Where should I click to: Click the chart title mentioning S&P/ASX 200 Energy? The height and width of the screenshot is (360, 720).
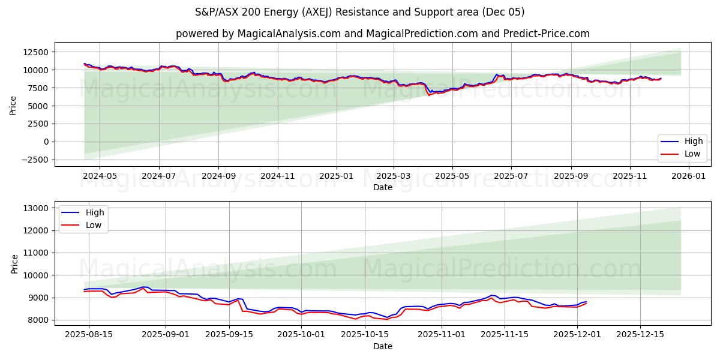(x=359, y=12)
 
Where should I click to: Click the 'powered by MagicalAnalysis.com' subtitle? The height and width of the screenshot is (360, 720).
(x=382, y=34)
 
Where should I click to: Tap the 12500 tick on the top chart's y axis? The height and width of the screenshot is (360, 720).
(x=36, y=52)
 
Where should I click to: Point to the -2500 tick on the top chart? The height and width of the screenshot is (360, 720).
(x=36, y=160)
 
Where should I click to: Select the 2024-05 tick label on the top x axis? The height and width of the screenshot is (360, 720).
(x=100, y=176)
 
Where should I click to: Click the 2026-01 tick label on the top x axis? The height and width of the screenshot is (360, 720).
(x=688, y=176)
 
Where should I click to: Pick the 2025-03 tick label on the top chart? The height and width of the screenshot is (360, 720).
(x=394, y=176)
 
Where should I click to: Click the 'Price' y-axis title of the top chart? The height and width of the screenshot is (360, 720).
(x=13, y=106)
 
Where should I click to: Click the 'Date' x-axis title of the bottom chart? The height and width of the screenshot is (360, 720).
(x=383, y=346)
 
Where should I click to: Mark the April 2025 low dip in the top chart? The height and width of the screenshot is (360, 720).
(x=428, y=95)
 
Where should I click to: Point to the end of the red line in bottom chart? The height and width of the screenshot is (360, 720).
(x=586, y=303)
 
